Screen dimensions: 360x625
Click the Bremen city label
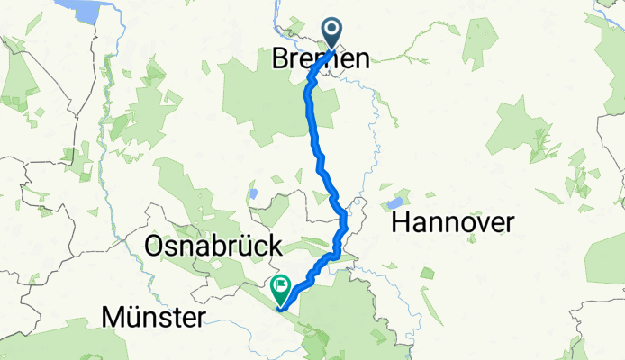[321, 60]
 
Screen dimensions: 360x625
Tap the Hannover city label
[452, 223]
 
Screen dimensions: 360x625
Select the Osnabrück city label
[213, 245]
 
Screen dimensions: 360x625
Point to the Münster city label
[154, 316]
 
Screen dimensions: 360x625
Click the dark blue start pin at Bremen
[332, 32]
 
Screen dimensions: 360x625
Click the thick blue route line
[316, 144]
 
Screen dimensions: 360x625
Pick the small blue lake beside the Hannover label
[395, 202]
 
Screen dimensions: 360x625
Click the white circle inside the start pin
[332, 31]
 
